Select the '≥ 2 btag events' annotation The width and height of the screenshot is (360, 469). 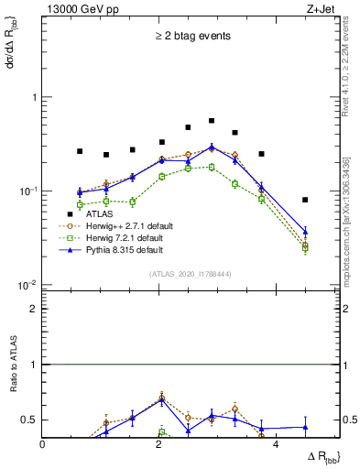click(192, 37)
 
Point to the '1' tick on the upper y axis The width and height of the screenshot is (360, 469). click(34, 97)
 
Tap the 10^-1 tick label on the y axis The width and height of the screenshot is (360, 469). click(29, 191)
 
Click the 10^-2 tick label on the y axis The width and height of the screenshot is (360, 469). click(29, 285)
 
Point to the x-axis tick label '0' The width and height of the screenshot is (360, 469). click(43, 444)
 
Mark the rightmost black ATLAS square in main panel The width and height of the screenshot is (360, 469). click(305, 200)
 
